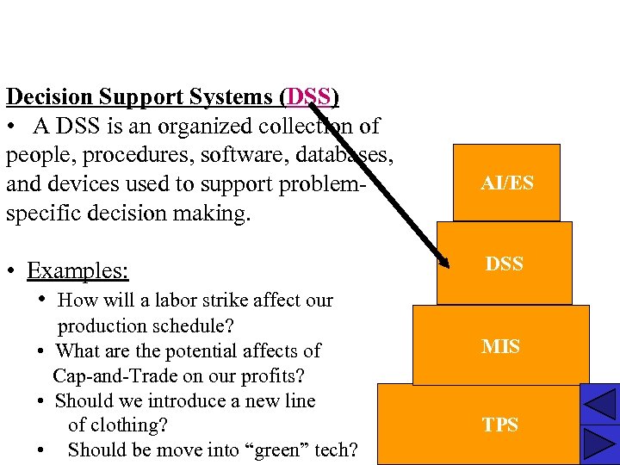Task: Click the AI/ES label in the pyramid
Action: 507,183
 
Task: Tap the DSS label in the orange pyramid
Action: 504,264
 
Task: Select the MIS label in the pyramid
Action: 500,347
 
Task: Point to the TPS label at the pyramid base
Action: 500,425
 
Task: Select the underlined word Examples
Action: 77,270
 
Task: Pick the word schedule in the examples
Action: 192,325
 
